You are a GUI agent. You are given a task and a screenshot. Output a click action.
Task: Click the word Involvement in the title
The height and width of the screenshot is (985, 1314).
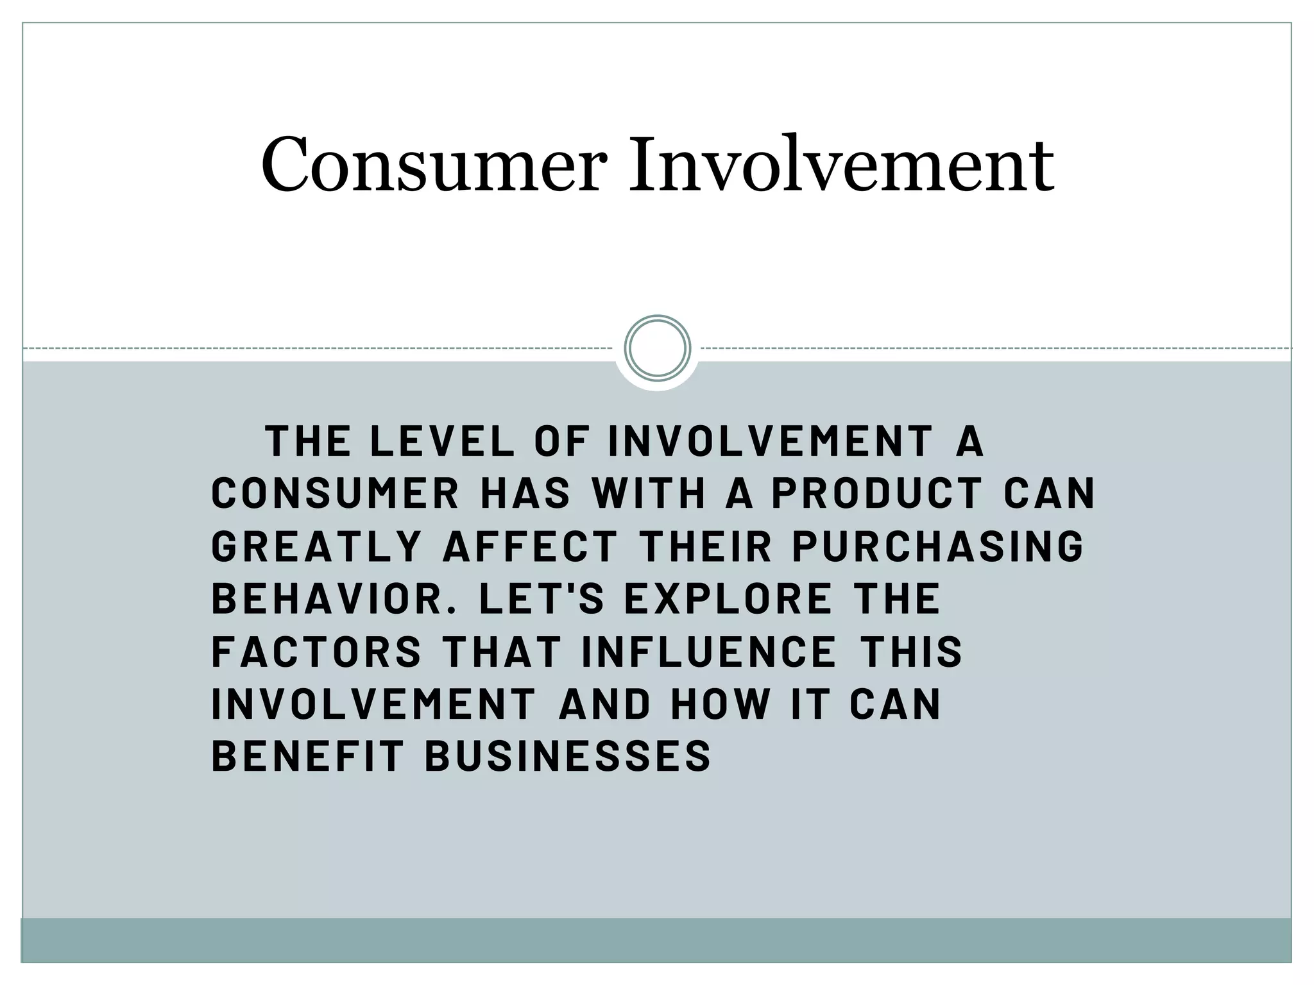click(840, 165)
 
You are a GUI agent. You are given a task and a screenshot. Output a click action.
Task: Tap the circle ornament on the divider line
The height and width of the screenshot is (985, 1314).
click(657, 348)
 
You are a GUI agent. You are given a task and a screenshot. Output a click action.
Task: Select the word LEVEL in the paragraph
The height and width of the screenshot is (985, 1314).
click(442, 441)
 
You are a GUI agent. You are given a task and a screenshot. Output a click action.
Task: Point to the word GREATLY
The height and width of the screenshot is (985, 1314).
click(316, 546)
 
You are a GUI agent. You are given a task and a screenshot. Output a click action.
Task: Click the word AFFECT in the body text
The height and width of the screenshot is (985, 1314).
click(530, 546)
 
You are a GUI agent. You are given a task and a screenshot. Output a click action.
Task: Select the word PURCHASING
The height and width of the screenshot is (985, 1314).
click(938, 546)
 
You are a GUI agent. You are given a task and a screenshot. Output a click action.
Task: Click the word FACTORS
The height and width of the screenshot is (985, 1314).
click(316, 652)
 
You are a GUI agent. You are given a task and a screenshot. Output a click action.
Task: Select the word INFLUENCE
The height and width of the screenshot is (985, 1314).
click(709, 652)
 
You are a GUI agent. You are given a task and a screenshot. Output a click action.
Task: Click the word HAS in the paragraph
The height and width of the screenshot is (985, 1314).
click(525, 494)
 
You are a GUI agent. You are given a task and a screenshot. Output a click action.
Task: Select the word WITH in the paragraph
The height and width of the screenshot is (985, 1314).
click(649, 494)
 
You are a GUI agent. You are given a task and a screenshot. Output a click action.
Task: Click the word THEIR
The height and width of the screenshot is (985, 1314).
click(705, 546)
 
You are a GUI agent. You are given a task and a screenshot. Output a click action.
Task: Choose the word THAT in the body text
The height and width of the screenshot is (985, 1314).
click(502, 652)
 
